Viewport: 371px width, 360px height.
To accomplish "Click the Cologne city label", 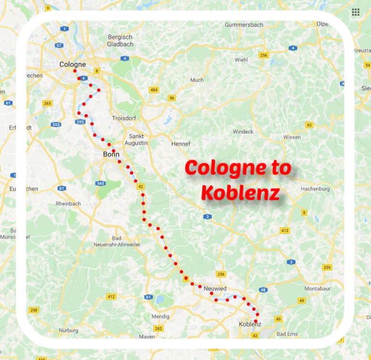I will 72,64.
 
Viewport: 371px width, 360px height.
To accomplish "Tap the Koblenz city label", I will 250,324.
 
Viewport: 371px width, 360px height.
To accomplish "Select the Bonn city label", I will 111,155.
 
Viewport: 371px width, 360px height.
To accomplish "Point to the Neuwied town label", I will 215,288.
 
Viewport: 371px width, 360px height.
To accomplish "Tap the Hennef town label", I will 181,144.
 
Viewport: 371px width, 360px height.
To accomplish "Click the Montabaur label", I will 316,288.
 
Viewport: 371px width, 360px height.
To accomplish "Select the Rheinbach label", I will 68,203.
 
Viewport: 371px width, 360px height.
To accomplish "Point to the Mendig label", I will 160,317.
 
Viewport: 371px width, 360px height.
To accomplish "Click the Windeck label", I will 243,131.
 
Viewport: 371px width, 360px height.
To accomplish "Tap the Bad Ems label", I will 287,334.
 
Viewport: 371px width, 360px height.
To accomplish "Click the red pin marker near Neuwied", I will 185,279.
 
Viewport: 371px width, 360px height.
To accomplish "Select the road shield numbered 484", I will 154,90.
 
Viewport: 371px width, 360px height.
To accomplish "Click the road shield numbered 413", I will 285,230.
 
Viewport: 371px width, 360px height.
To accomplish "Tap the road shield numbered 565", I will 100,184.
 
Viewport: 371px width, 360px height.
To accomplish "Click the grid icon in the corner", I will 356,12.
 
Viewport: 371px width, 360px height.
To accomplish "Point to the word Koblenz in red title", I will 240,193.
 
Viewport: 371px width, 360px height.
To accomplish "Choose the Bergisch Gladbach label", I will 120,40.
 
